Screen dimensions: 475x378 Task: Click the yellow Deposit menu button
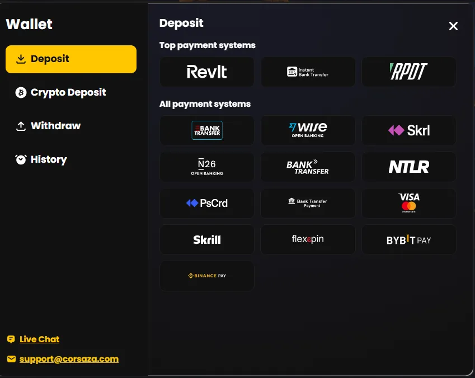click(71, 59)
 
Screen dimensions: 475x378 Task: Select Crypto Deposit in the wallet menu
click(60, 92)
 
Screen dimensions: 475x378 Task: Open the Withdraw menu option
click(48, 126)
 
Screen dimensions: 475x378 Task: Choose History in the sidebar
click(41, 159)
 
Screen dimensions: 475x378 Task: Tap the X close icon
click(453, 26)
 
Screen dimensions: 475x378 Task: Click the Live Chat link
click(39, 339)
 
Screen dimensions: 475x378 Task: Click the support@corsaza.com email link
click(69, 359)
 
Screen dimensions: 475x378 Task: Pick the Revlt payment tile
click(207, 72)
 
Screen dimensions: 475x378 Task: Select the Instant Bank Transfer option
click(308, 72)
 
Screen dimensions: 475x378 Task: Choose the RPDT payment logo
click(408, 72)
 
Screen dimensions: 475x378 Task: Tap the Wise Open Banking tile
click(308, 130)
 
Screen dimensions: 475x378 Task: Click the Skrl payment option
click(408, 130)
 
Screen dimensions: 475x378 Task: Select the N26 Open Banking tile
click(207, 167)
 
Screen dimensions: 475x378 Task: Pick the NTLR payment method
click(408, 167)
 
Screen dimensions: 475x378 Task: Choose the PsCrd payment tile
click(207, 203)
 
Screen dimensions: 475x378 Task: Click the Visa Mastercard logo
click(408, 203)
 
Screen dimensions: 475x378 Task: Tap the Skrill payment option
click(207, 239)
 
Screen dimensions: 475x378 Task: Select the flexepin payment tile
click(308, 239)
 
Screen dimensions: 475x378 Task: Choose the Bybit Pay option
click(408, 239)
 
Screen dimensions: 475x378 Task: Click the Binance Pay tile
click(207, 276)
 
